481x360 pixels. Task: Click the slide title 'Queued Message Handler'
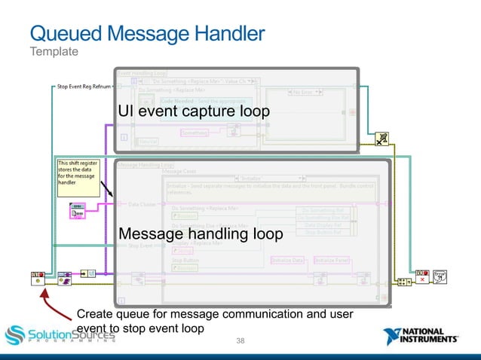point(146,33)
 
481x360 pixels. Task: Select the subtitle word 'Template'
point(54,52)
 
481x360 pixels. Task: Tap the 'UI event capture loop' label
point(193,111)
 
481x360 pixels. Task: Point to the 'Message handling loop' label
point(201,235)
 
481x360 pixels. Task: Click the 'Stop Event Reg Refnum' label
point(84,86)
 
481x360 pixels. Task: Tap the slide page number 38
point(240,342)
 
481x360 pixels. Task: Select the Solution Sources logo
point(60,334)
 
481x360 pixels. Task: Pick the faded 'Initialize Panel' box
point(332,260)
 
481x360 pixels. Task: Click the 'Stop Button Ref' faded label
point(326,230)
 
